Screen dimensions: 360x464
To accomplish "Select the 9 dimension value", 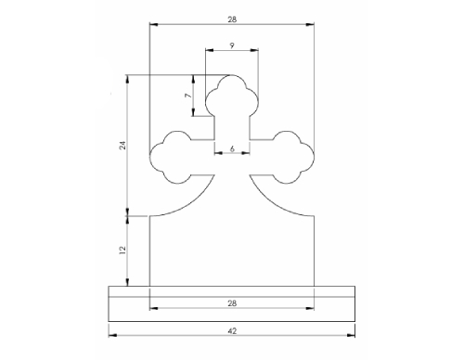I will [231, 45].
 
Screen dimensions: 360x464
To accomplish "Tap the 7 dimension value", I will [187, 96].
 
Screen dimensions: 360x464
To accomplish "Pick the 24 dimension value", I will [122, 146].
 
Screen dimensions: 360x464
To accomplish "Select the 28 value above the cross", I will [232, 19].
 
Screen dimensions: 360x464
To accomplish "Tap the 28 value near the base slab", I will [232, 303].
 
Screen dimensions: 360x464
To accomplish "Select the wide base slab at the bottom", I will [232, 303].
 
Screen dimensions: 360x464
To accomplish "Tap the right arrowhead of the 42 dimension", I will [354, 335].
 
